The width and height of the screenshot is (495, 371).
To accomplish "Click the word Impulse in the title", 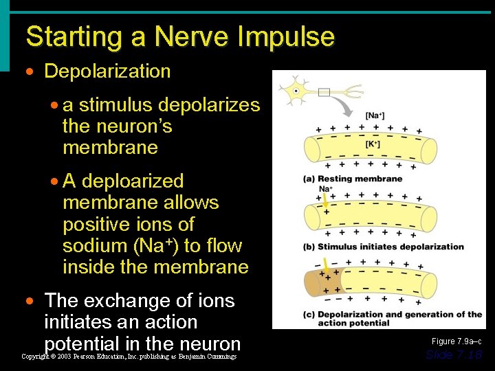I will tap(284, 36).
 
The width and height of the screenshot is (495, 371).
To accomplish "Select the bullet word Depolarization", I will tap(107, 71).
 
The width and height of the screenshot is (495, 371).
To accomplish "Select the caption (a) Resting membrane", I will tap(353, 179).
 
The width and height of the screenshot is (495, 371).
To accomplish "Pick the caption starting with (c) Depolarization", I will tap(392, 318).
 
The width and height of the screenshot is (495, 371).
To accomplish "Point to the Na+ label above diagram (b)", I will tap(326, 189).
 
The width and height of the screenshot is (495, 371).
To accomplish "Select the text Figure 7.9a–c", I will tap(456, 341).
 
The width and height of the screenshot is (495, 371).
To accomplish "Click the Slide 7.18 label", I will tap(454, 355).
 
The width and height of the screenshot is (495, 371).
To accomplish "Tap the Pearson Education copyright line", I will tap(129, 357).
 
